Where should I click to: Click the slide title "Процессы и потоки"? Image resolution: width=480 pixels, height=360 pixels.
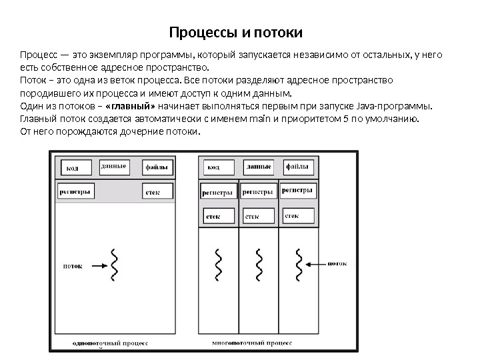click(x=236, y=33)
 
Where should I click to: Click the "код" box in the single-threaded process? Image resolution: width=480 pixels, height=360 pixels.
click(x=77, y=167)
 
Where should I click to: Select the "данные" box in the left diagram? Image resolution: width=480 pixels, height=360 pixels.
click(x=115, y=166)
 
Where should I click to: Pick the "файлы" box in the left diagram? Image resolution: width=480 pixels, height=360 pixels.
click(x=157, y=167)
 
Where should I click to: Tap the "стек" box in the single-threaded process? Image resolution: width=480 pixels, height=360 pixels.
click(x=157, y=191)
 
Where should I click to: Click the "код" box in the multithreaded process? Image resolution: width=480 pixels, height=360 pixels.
click(x=217, y=167)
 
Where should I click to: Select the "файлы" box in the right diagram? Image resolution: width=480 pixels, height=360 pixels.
click(x=298, y=167)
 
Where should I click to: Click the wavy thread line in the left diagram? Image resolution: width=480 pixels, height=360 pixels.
click(x=114, y=265)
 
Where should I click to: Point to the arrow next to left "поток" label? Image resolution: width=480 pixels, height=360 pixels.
click(x=95, y=265)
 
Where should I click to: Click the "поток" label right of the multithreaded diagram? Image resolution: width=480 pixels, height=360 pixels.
click(x=337, y=264)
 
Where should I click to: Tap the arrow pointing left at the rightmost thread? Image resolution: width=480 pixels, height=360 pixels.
click(x=317, y=264)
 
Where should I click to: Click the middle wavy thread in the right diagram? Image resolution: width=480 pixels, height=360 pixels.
click(x=258, y=265)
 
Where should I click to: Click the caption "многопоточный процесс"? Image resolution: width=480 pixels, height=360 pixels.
click(x=252, y=343)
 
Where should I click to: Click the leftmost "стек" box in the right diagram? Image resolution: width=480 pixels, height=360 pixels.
click(x=219, y=216)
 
